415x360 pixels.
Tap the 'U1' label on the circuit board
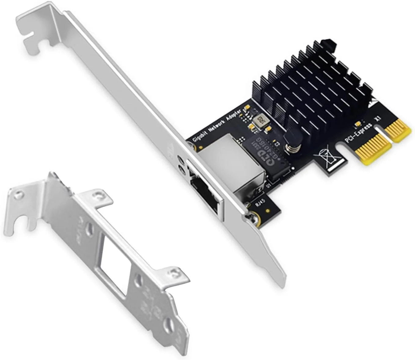click(x=269, y=185)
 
